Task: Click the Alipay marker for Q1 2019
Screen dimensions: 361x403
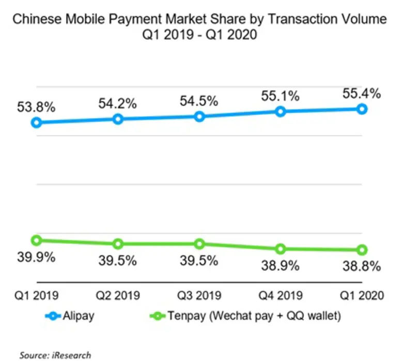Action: click(x=36, y=122)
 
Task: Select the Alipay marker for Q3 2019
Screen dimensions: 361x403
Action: click(x=199, y=116)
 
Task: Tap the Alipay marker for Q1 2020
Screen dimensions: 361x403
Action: click(x=362, y=109)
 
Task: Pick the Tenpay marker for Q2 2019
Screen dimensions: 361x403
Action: click(x=118, y=244)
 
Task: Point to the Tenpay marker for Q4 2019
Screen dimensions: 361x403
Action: click(x=281, y=249)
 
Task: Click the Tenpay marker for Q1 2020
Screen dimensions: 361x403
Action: click(x=362, y=250)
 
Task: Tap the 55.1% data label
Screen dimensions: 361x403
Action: click(x=280, y=96)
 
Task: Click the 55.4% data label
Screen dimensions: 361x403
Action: click(x=361, y=93)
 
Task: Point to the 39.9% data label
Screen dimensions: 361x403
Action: click(x=36, y=257)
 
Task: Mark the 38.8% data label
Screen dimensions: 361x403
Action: click(x=361, y=266)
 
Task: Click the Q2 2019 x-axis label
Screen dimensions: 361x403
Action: click(x=118, y=295)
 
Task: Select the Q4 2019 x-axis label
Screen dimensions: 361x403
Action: click(x=281, y=295)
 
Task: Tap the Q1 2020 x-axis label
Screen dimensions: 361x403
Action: click(x=362, y=295)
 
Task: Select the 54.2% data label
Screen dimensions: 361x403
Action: click(x=117, y=103)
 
